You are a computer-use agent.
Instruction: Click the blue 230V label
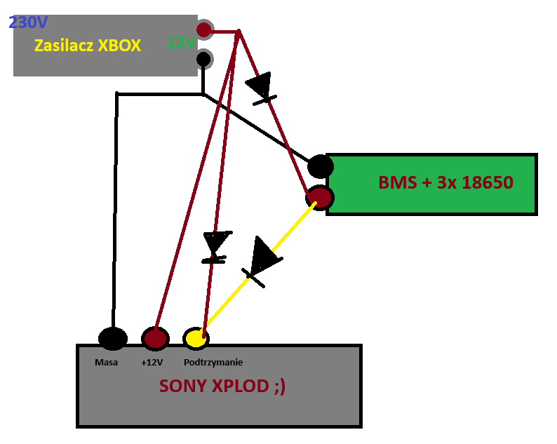tap(28, 22)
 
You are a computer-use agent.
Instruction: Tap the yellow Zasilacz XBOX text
tap(88, 46)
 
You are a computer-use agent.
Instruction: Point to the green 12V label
tap(181, 43)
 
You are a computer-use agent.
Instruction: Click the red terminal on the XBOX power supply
tap(204, 29)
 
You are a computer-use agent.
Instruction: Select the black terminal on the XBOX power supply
tap(203, 59)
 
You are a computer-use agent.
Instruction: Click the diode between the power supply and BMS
tap(261, 89)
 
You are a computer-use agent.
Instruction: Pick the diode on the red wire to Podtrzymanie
tap(216, 247)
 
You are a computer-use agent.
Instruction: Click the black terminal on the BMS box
tap(320, 166)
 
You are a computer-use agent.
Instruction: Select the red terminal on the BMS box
tap(320, 198)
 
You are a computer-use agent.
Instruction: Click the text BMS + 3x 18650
tap(446, 182)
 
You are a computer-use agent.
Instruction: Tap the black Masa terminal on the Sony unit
tap(113, 338)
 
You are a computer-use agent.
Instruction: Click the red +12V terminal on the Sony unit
tap(155, 338)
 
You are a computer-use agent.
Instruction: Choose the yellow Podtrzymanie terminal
tap(196, 338)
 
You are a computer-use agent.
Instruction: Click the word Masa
tap(106, 363)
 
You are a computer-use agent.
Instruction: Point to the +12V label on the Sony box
tap(152, 363)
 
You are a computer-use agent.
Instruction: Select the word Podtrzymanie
tap(213, 363)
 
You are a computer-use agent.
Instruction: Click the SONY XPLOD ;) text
tap(222, 386)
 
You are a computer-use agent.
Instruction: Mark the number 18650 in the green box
tap(488, 182)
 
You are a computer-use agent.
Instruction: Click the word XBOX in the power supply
tap(119, 46)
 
